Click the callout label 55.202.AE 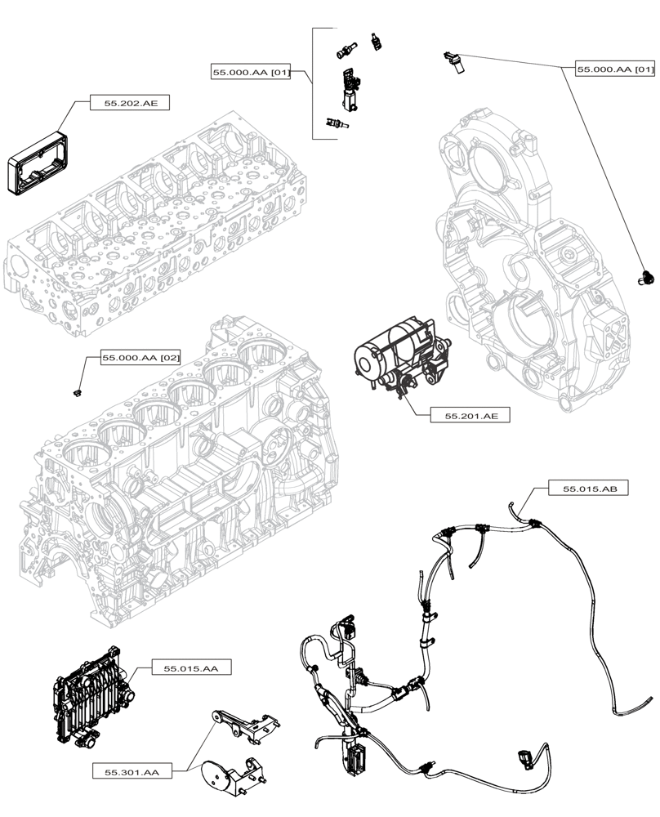click(131, 104)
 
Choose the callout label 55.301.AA click(132, 770)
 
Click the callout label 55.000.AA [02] click(140, 358)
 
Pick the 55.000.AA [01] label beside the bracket click(251, 73)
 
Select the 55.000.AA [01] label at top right click(615, 70)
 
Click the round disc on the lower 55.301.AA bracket click(216, 773)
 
